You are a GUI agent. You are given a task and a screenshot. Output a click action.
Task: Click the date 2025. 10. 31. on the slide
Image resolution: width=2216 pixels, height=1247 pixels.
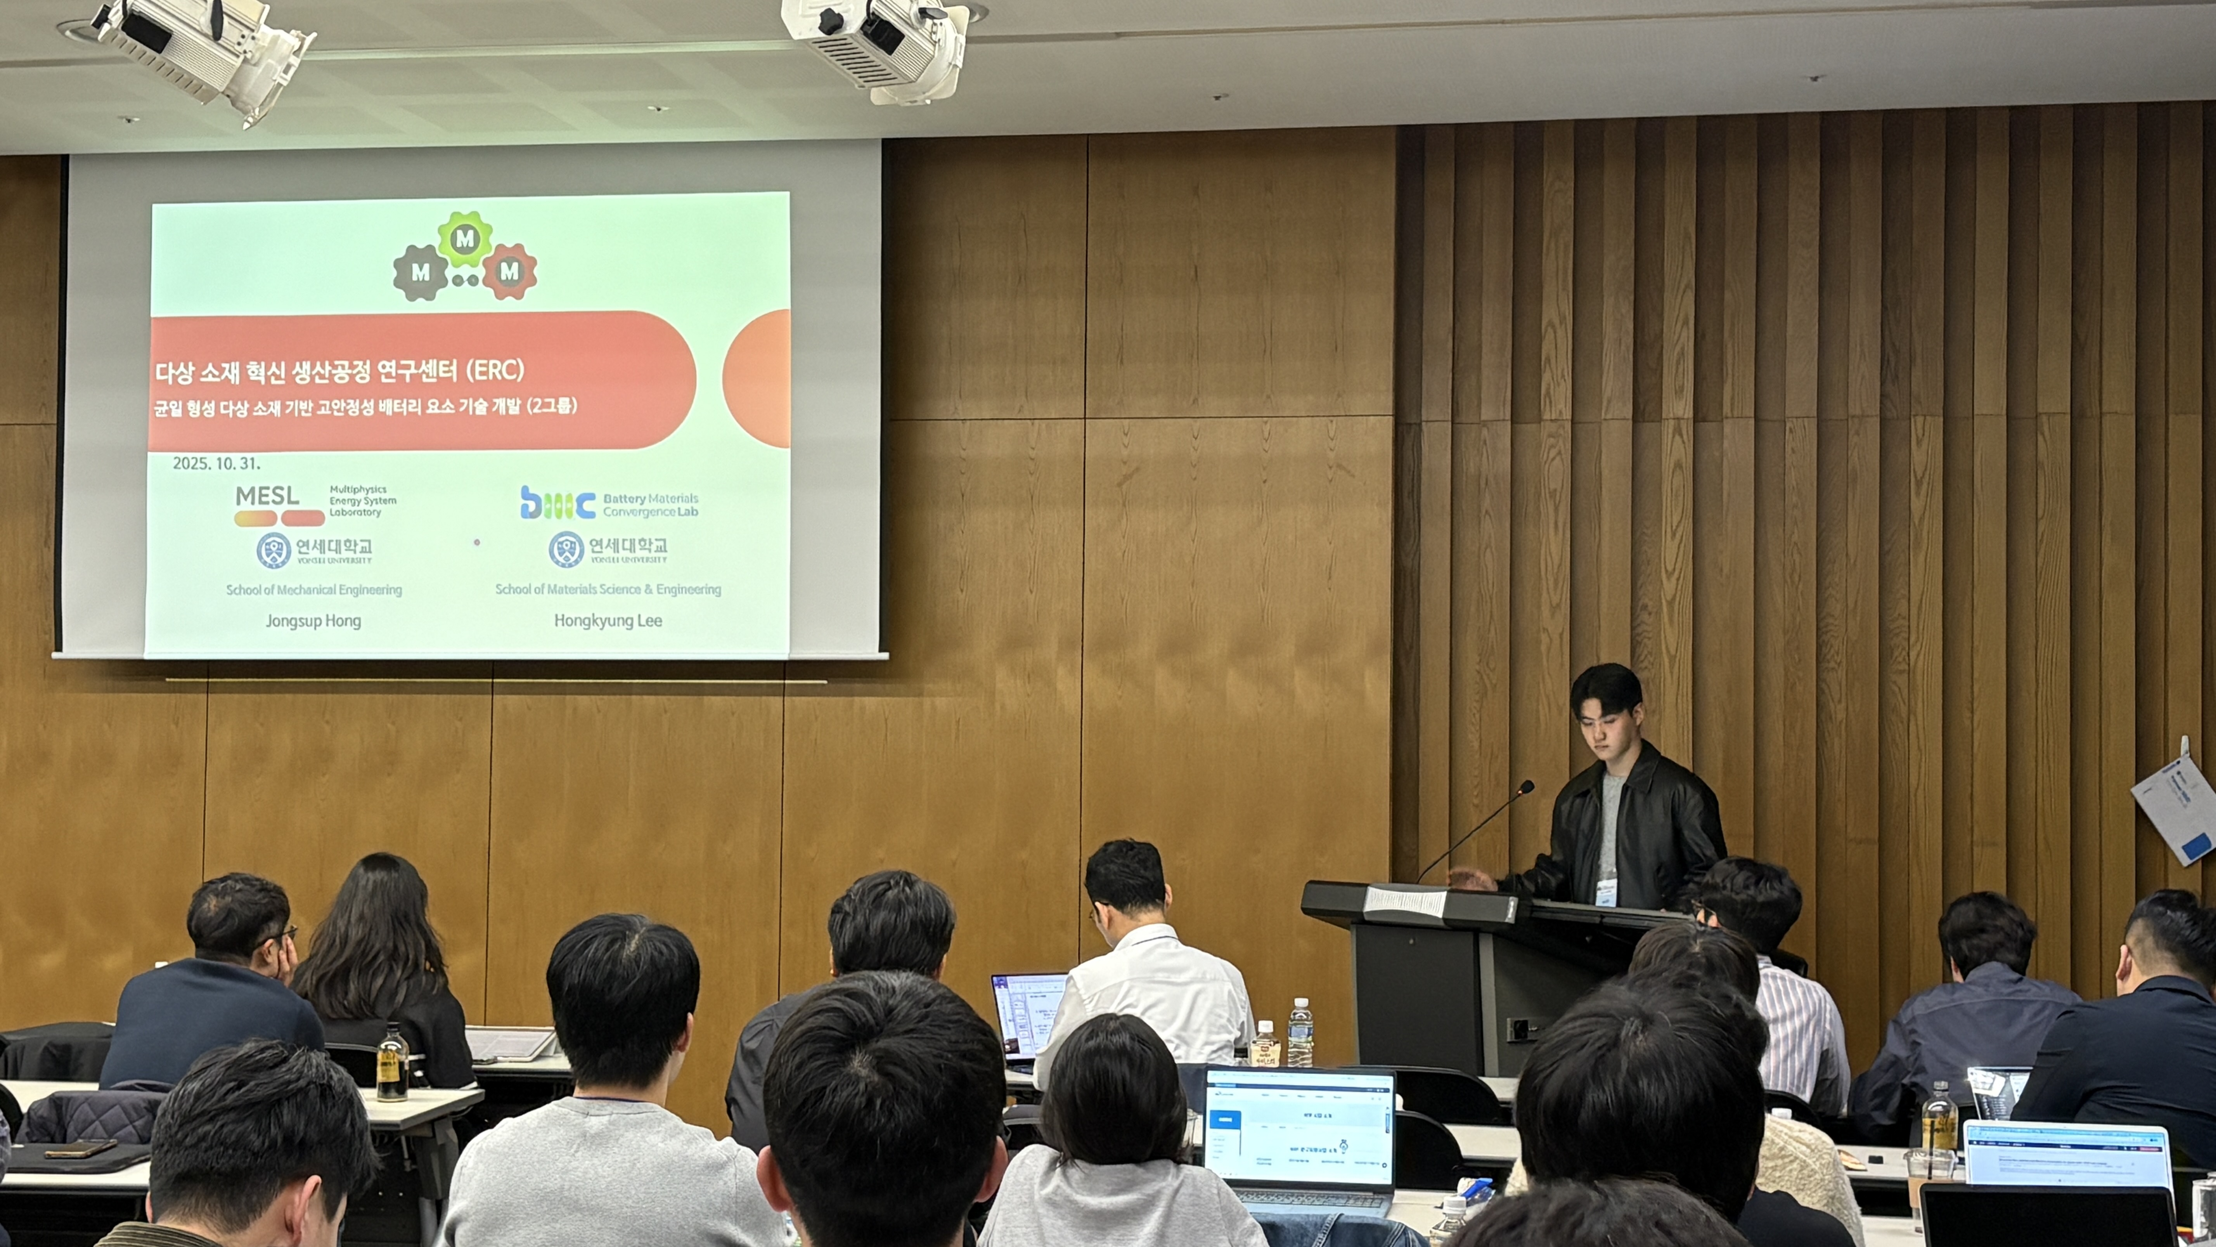216,463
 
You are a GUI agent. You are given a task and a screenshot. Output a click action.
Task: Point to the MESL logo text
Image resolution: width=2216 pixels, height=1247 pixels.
268,496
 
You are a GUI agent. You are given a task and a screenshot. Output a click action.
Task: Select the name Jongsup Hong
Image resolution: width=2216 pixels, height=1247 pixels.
313,621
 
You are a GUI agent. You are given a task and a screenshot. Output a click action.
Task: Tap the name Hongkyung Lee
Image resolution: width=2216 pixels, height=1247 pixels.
607,621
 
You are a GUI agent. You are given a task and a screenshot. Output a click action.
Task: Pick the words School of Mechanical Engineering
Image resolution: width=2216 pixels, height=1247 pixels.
314,590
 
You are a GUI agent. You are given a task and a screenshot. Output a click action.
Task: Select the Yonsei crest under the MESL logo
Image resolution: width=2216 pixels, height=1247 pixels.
274,550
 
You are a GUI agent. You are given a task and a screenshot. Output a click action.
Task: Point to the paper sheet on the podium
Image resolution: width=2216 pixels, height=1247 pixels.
1405,900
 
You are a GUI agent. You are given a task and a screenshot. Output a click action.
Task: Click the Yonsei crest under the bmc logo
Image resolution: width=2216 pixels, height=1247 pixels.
566,549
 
